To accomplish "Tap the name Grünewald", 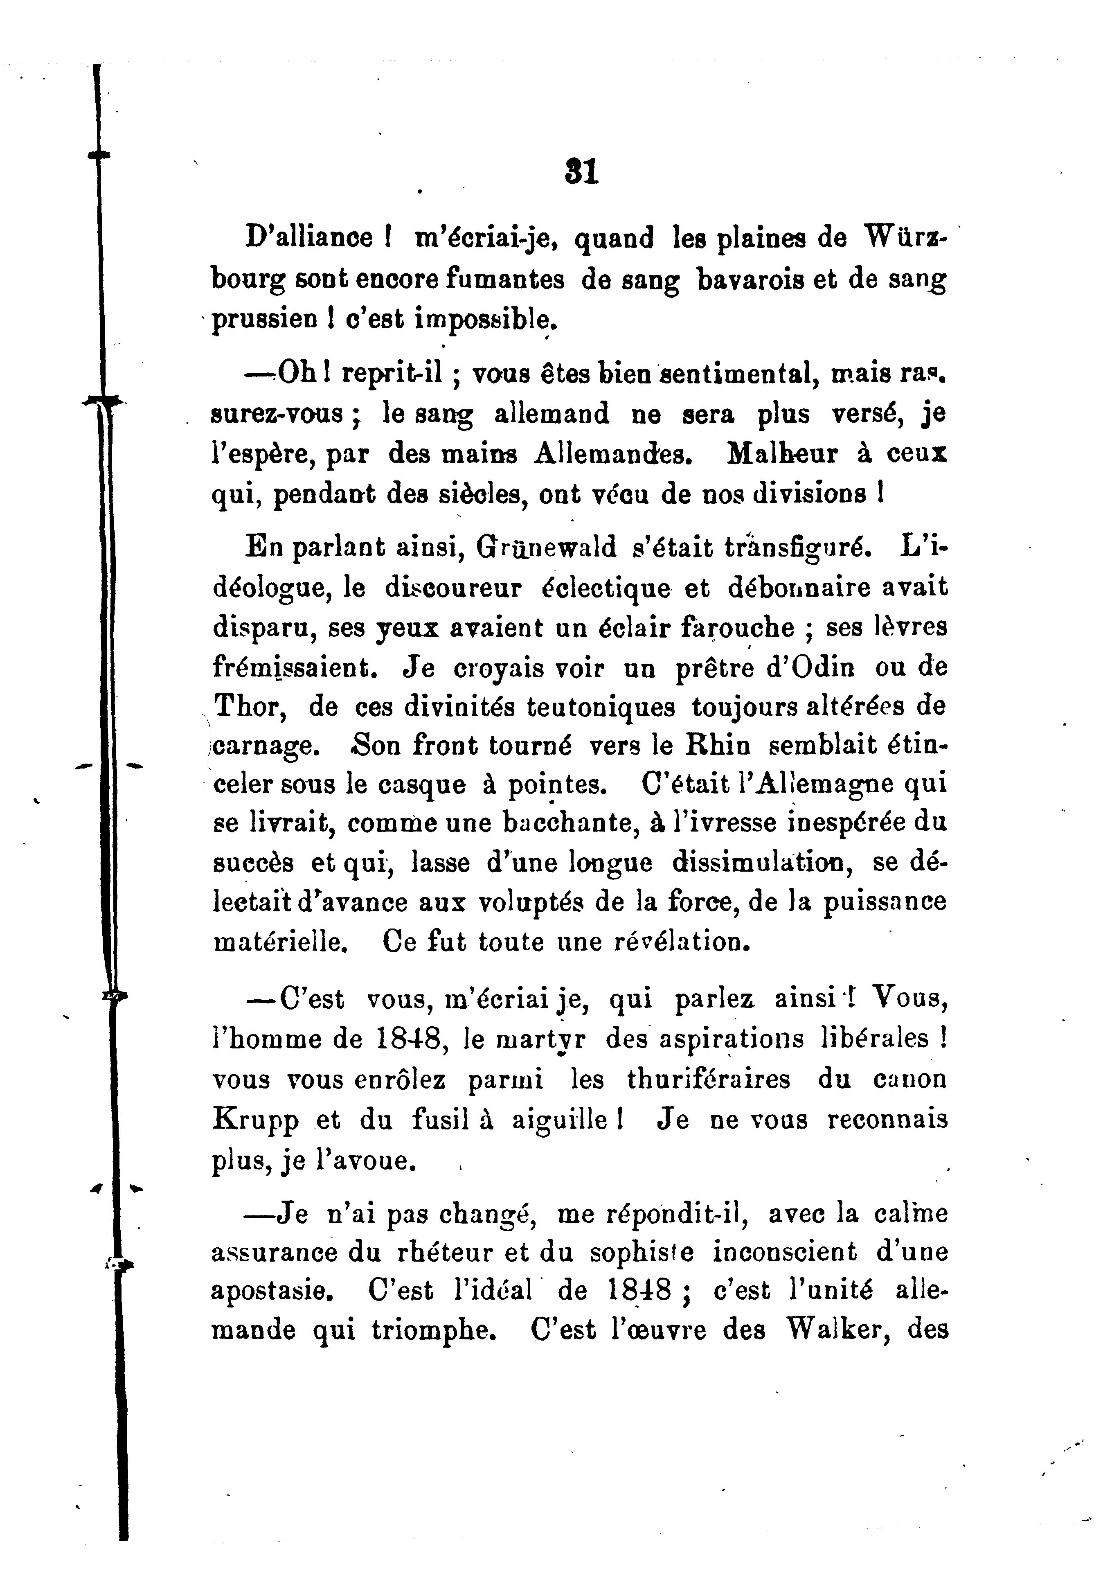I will point(545,548).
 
